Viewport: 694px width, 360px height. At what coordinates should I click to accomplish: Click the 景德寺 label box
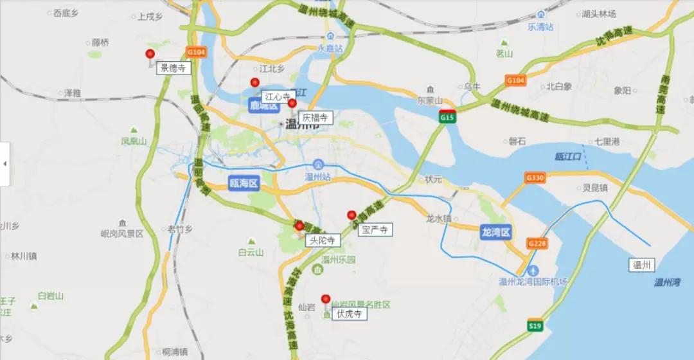pos(173,67)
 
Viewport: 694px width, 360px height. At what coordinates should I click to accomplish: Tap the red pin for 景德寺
pos(150,55)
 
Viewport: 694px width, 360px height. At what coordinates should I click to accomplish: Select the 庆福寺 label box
pos(316,118)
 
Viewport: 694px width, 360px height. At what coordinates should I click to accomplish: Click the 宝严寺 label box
pos(375,230)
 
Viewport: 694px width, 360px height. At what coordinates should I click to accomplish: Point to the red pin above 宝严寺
pos(351,215)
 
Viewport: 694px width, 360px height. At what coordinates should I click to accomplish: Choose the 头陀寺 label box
pos(323,240)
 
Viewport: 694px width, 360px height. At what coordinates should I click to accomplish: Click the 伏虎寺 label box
pos(350,314)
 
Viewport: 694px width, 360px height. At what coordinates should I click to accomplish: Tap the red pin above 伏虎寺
pos(326,300)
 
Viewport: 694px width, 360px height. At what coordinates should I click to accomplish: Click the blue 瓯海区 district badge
pos(244,184)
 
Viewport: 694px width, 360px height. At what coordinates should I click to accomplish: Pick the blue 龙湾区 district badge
pos(495,232)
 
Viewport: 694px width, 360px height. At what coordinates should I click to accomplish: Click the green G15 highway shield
pos(448,117)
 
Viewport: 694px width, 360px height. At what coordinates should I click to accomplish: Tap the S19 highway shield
pos(535,326)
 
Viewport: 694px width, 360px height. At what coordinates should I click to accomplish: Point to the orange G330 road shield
pos(535,177)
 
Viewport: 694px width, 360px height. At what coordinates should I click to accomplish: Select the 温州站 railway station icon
pos(318,165)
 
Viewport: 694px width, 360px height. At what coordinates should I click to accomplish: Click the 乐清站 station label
pos(540,27)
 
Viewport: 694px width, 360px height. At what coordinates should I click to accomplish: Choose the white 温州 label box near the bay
pos(642,264)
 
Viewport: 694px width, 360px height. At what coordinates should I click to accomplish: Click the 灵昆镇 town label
pos(595,189)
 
